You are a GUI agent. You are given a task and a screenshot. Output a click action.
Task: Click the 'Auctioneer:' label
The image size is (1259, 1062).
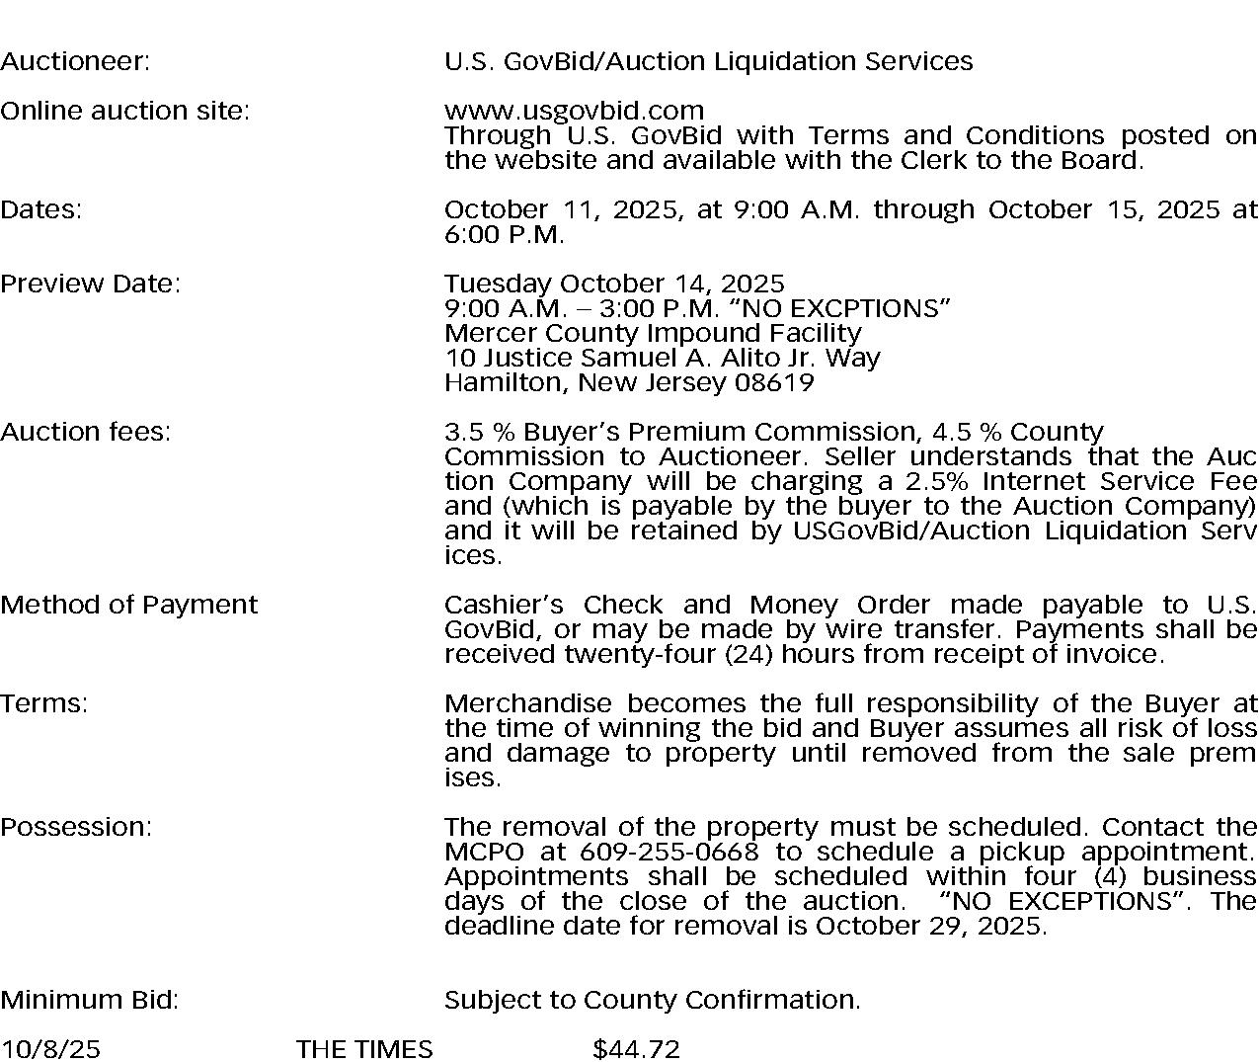pyautogui.click(x=75, y=61)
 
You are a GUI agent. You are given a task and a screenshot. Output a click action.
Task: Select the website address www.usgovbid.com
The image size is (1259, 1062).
pyautogui.click(x=574, y=111)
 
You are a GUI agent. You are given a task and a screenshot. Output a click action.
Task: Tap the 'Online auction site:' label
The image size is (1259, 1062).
pyautogui.click(x=124, y=111)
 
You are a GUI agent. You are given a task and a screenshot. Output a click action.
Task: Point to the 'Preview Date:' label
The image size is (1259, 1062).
pyautogui.click(x=90, y=284)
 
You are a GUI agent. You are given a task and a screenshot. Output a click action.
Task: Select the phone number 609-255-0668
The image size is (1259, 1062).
pyautogui.click(x=669, y=852)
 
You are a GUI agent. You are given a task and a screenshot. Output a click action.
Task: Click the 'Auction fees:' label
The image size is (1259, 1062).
pyautogui.click(x=85, y=432)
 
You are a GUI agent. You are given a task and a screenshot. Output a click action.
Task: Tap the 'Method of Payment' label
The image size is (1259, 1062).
pyautogui.click(x=128, y=605)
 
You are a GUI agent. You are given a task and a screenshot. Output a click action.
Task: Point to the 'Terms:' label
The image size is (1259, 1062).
pyautogui.click(x=43, y=703)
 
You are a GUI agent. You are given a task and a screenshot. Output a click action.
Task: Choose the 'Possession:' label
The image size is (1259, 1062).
pyautogui.click(x=76, y=827)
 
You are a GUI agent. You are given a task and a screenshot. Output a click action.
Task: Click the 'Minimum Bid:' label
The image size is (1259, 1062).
pyautogui.click(x=89, y=1000)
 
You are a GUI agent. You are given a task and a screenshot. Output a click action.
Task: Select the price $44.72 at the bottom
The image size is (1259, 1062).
pyautogui.click(x=636, y=1049)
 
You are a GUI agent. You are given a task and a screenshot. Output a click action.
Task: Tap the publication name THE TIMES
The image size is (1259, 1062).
pyautogui.click(x=363, y=1049)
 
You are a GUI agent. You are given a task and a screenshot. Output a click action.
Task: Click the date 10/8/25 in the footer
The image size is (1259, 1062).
pyautogui.click(x=49, y=1049)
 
